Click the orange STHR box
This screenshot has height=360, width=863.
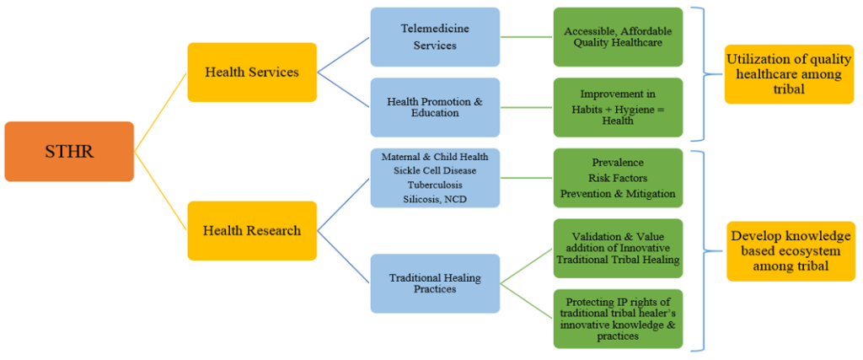(69, 152)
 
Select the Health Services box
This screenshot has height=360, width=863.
(252, 73)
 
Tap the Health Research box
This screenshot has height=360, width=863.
(252, 230)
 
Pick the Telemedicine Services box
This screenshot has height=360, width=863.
(435, 37)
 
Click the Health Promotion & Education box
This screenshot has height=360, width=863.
(435, 108)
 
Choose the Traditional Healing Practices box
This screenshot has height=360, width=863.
(435, 283)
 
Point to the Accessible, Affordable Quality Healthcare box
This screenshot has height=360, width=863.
(618, 37)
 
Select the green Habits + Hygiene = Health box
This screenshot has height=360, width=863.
(618, 108)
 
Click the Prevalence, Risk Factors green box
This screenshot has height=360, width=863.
(618, 178)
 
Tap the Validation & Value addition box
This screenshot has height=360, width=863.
(618, 249)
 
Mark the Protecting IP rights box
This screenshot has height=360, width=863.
(618, 319)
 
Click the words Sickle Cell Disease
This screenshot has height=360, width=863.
(435, 171)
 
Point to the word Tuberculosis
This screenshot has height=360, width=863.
(435, 185)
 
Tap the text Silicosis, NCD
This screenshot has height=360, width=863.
(435, 198)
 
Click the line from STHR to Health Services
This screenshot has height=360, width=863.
(161, 112)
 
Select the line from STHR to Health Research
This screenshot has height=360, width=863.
(161, 191)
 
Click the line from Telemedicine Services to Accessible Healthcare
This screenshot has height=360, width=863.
(527, 37)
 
